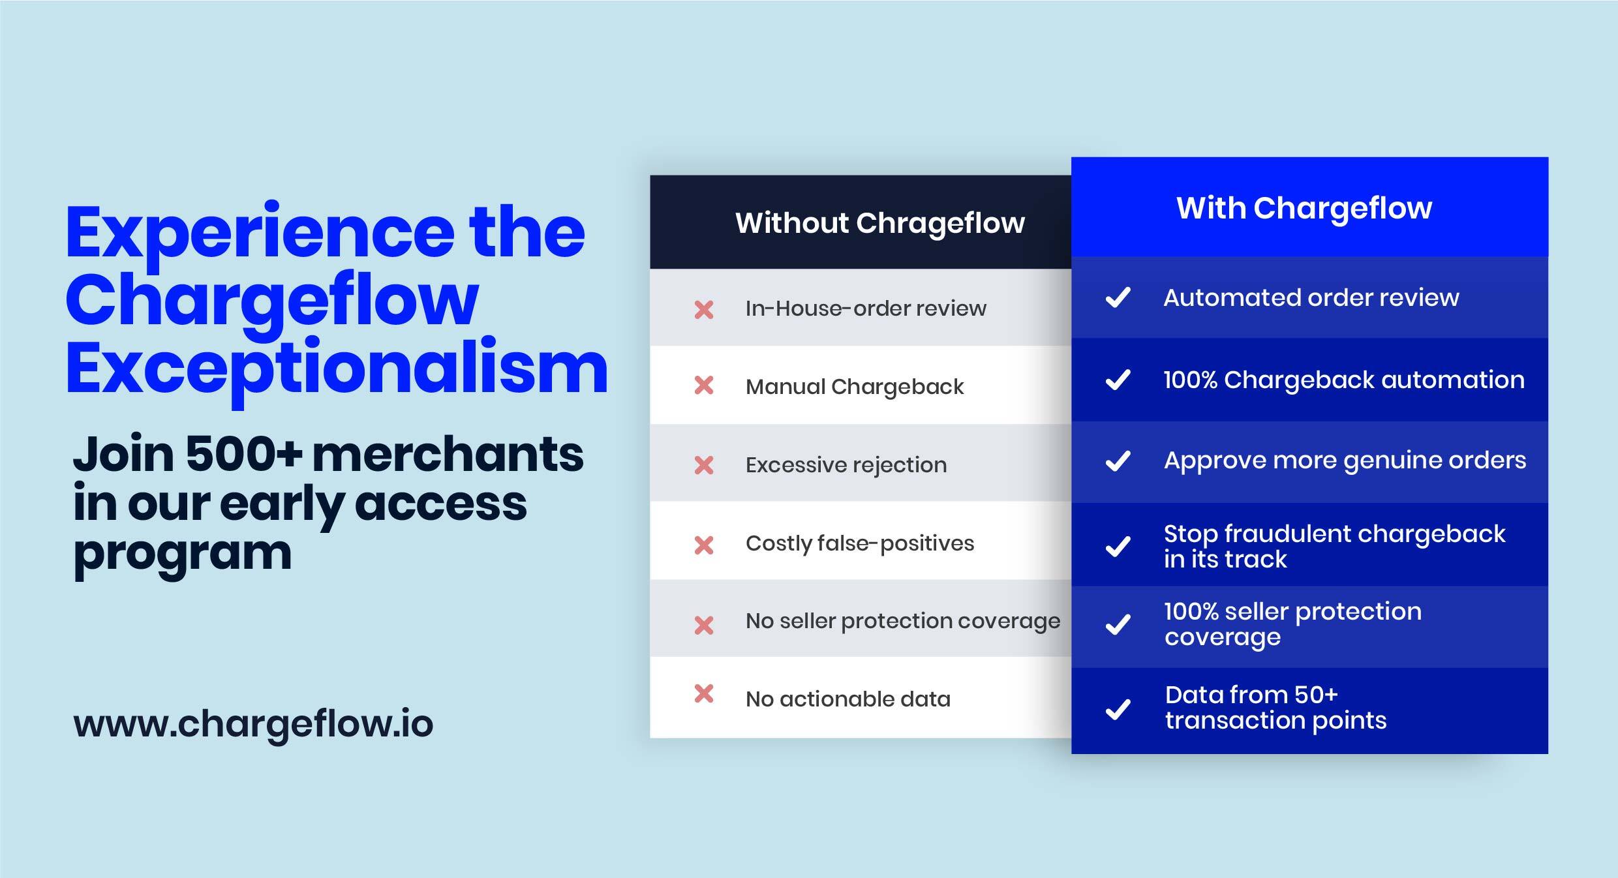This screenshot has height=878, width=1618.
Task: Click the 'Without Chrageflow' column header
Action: [x=880, y=223]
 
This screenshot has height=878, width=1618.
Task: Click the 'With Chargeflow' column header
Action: [x=1304, y=209]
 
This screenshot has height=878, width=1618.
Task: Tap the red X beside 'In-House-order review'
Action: [x=704, y=309]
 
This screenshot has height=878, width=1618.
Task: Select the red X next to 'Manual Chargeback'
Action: [x=704, y=386]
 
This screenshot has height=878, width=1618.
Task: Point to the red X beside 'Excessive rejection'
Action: [x=704, y=465]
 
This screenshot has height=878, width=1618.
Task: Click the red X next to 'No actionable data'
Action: [x=704, y=693]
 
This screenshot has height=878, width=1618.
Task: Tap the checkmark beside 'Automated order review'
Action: [x=1118, y=297]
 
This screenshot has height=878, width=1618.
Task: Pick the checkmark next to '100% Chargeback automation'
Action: [x=1118, y=380]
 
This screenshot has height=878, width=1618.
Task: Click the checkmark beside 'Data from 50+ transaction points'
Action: [x=1118, y=709]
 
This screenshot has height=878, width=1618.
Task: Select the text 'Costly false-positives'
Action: [x=860, y=543]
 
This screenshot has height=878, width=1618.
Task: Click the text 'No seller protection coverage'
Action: [x=903, y=622]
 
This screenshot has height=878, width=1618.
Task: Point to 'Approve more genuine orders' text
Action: [x=1345, y=461]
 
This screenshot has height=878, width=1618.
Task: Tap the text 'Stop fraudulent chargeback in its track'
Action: [x=1335, y=547]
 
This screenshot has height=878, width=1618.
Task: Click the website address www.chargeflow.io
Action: [x=253, y=725]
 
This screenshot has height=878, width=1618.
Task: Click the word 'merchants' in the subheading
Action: [x=448, y=454]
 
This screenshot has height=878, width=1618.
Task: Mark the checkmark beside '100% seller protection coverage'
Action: [x=1118, y=624]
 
